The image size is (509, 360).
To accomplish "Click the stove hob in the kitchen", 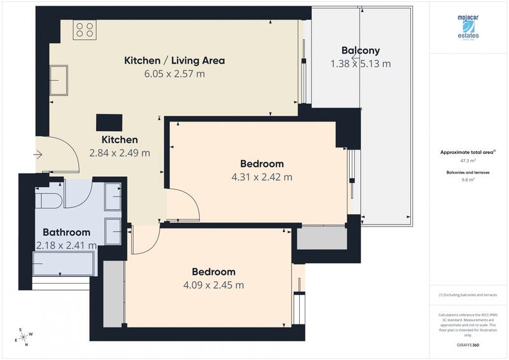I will [85, 29].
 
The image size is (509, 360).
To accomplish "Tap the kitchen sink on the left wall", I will [59, 80].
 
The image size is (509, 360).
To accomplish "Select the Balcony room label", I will [360, 50].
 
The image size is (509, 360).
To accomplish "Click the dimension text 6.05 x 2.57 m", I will [174, 74].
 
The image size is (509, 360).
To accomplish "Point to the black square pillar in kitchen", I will [109, 122].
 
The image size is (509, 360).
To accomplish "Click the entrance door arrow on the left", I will [38, 154].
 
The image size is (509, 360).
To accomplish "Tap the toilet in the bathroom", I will [48, 200].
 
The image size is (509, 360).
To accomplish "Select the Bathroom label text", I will [66, 232].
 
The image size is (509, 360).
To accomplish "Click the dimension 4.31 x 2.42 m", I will [261, 177].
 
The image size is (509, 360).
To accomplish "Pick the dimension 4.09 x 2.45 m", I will [213, 285].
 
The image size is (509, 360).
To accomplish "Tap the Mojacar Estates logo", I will [468, 28].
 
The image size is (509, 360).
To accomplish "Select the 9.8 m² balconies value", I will [468, 180].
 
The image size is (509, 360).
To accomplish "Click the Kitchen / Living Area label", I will [174, 60].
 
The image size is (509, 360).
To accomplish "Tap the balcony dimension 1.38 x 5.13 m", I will [360, 64].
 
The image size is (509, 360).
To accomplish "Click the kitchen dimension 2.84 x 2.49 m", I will [120, 153].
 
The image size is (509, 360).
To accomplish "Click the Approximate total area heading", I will [468, 153].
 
